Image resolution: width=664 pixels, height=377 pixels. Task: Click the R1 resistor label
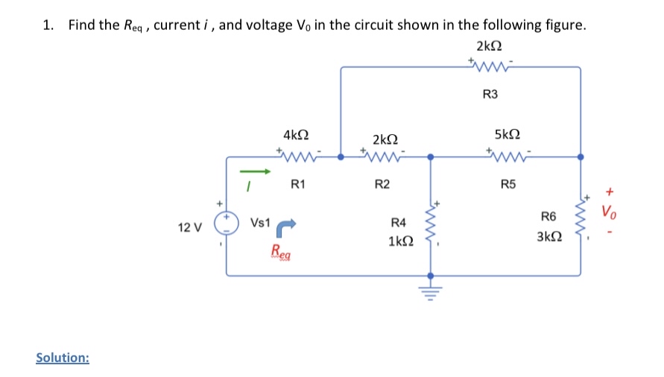tap(297, 184)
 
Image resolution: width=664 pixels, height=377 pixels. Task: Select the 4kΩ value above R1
tap(296, 135)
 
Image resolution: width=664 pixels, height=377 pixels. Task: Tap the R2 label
tap(382, 184)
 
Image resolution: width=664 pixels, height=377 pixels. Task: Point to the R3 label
tap(490, 95)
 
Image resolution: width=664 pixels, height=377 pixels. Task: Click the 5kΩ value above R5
tap(507, 135)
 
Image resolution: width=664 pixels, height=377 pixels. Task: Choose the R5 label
tap(508, 184)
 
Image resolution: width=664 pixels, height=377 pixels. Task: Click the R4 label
tap(399, 223)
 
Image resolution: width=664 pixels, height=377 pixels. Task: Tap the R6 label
tap(548, 217)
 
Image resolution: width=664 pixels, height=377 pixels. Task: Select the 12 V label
tap(189, 227)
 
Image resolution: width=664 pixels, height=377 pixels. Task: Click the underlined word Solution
tap(63, 358)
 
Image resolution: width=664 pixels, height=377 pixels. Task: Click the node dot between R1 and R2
tap(341, 157)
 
